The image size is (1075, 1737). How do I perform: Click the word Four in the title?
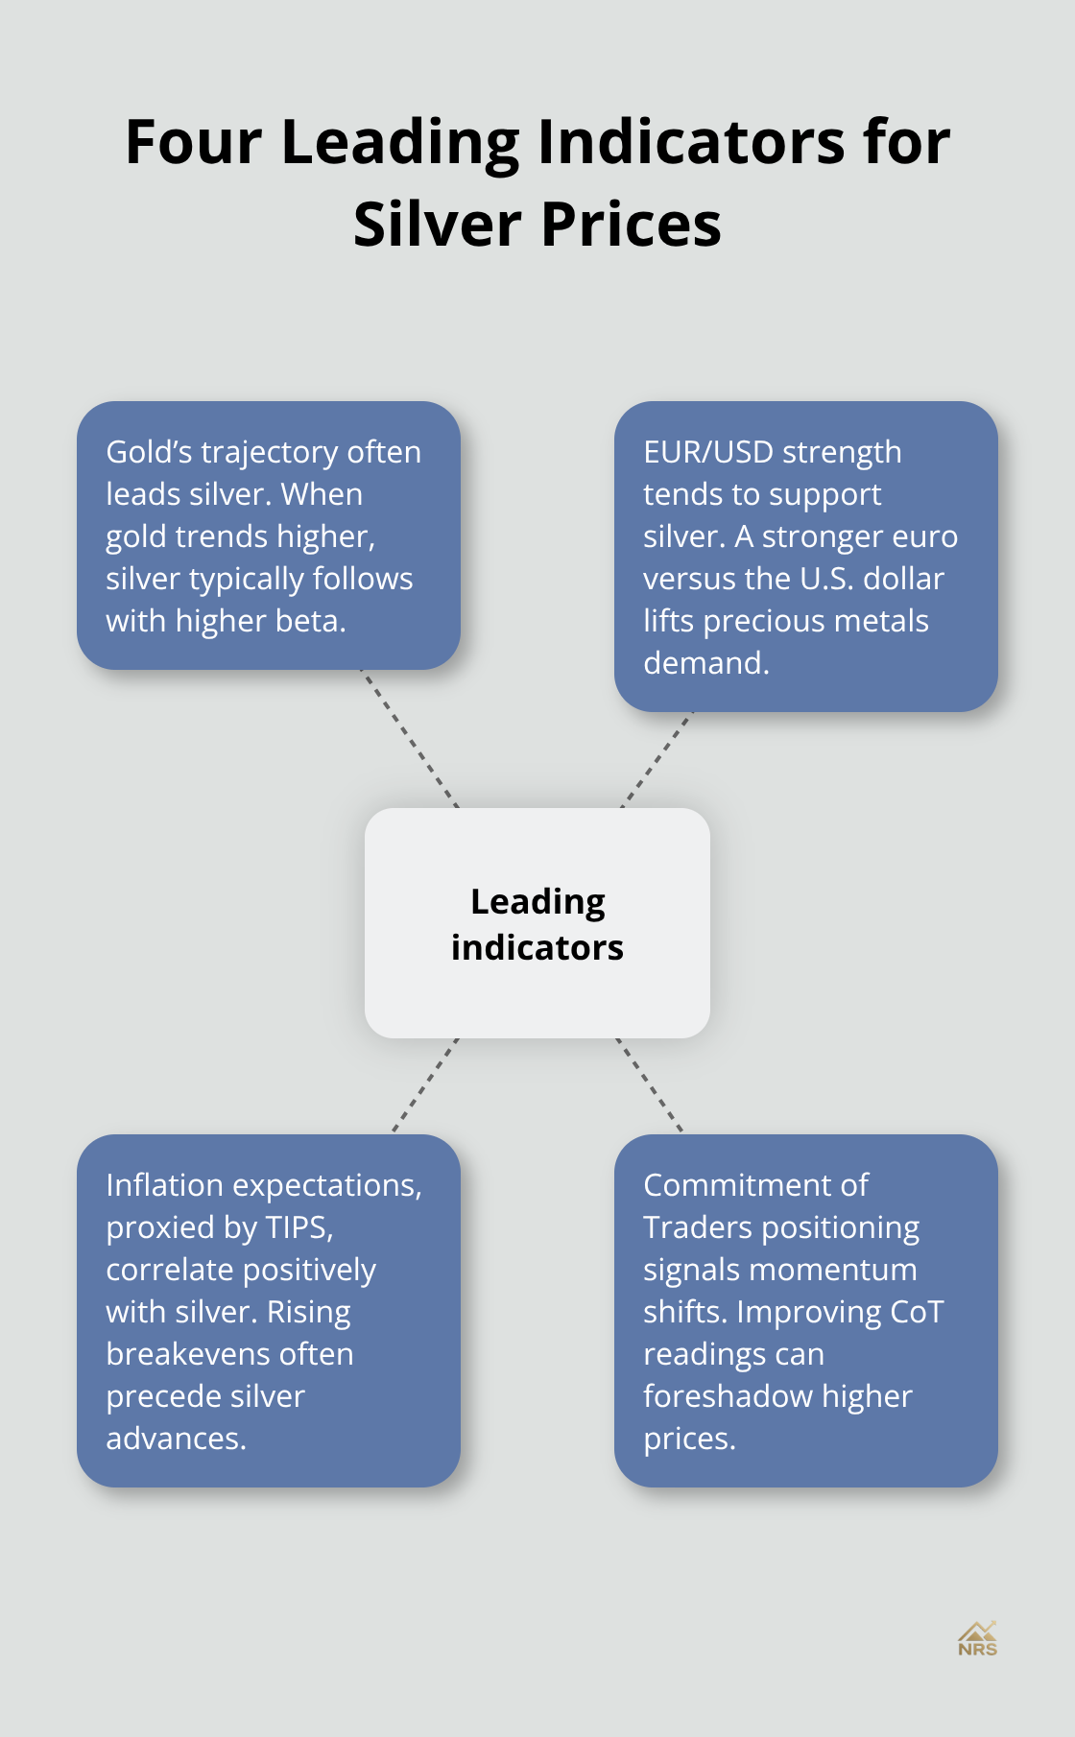click(x=193, y=142)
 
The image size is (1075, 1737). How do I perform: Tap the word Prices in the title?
click(x=631, y=225)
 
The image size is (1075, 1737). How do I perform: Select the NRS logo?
click(x=977, y=1639)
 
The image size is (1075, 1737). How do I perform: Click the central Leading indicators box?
click(x=537, y=923)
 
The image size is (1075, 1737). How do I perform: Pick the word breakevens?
click(x=229, y=1354)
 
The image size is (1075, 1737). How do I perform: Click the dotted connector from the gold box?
click(x=410, y=739)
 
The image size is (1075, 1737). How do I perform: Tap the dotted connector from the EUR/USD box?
click(x=657, y=759)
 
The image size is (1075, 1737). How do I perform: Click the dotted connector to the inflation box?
click(x=424, y=1085)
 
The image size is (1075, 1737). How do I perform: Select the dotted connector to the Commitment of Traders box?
click(x=650, y=1085)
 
